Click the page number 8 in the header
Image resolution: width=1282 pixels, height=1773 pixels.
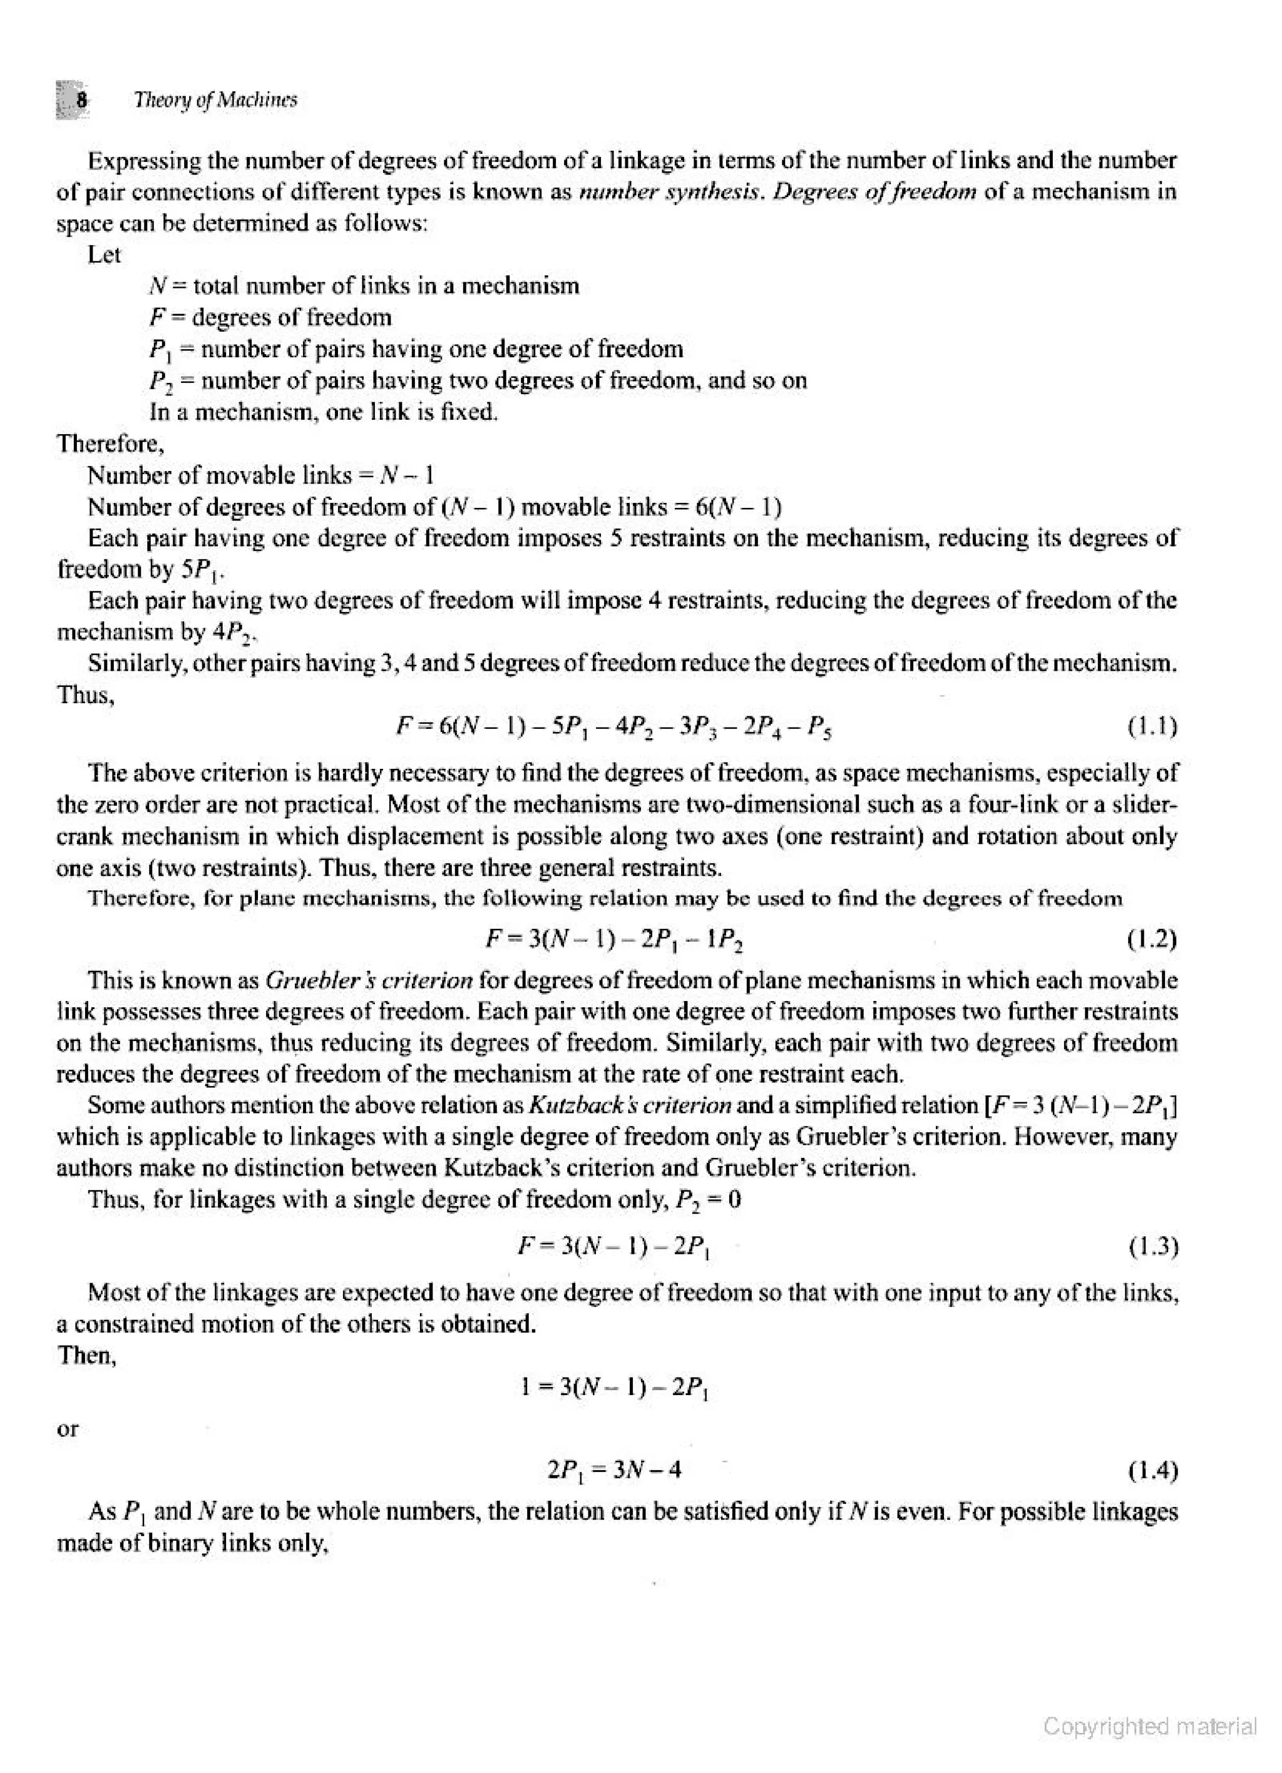(x=81, y=100)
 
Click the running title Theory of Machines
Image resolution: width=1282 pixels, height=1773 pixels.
(x=215, y=100)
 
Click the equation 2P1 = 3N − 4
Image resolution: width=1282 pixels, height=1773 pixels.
(x=615, y=1471)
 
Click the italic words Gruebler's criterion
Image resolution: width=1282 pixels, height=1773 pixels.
(x=369, y=980)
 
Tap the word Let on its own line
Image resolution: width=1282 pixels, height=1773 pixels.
(x=104, y=255)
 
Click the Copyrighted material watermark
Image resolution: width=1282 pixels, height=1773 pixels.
(x=1150, y=1726)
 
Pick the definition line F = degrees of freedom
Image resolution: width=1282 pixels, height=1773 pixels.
(x=270, y=317)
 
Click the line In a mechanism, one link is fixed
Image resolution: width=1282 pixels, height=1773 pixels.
(x=323, y=412)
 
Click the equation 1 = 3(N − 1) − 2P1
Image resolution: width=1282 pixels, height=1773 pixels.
(x=615, y=1388)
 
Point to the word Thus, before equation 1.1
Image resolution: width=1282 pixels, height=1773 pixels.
(x=86, y=695)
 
